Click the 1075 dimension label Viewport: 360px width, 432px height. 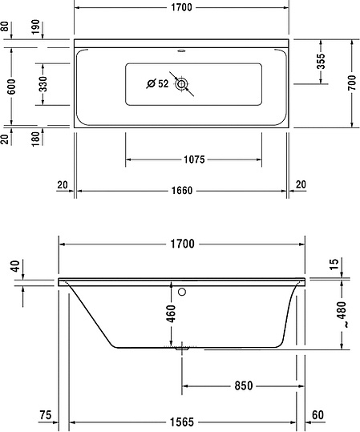tap(194, 159)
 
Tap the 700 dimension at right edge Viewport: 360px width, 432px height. tap(350, 83)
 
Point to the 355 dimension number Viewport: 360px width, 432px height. tap(320, 61)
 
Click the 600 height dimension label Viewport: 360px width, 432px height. tap(11, 87)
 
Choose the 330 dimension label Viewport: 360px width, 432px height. tap(42, 83)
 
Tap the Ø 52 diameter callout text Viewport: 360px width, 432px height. tap(157, 83)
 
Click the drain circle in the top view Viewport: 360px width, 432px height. tap(183, 83)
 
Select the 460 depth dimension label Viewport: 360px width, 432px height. tap(170, 313)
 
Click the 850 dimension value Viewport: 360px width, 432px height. tap(244, 386)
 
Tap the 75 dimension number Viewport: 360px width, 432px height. tap(45, 415)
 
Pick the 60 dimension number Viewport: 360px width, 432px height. tap(318, 415)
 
